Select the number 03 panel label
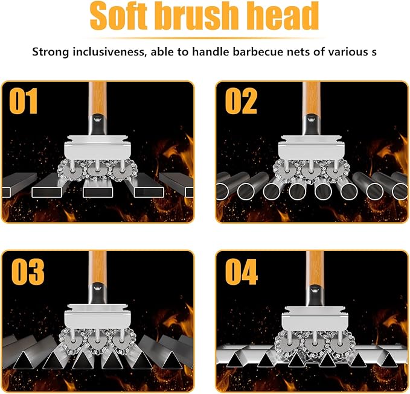(x=27, y=272)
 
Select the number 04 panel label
(x=243, y=272)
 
